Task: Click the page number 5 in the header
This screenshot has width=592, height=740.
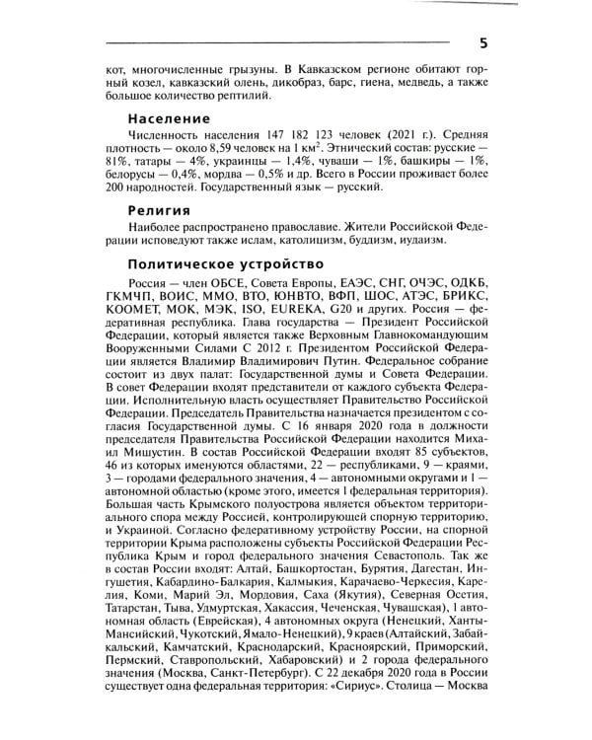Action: click(x=481, y=42)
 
